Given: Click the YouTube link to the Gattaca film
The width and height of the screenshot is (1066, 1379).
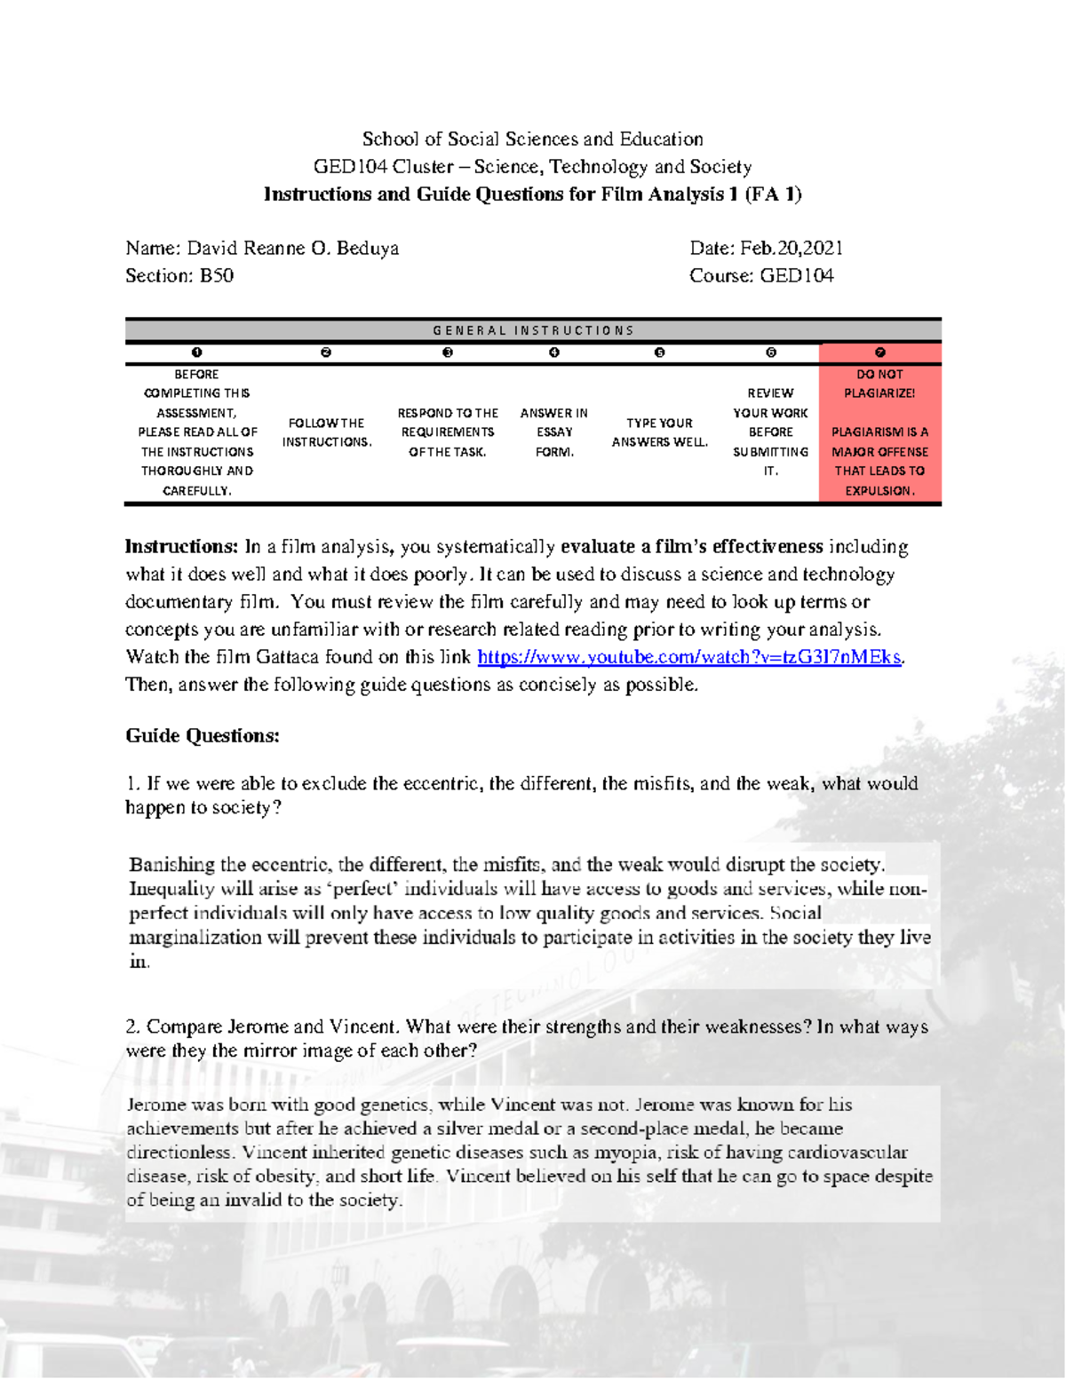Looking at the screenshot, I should (689, 658).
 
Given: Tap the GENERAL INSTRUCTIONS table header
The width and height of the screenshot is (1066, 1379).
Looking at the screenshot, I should (533, 330).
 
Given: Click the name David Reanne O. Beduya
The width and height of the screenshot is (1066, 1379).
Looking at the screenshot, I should (292, 249).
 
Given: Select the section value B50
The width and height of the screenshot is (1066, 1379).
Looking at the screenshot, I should (217, 276).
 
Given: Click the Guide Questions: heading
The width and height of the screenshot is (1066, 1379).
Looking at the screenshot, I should (203, 736).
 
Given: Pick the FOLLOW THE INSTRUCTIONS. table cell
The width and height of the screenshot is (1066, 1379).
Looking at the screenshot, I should (326, 432).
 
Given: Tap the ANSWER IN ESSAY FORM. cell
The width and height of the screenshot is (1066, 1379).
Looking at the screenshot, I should (553, 432).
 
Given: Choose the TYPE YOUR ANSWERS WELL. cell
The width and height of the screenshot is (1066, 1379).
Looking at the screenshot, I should (659, 432).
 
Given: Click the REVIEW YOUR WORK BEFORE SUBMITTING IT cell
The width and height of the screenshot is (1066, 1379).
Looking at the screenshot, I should (770, 432).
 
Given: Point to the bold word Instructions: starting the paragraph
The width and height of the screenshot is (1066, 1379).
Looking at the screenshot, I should (181, 547).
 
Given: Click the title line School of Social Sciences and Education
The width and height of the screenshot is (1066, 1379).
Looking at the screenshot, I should (532, 139).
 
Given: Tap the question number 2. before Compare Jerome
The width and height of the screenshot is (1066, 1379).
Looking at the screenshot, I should (133, 1027).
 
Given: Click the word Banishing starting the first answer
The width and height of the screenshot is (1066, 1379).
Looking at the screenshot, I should (171, 865).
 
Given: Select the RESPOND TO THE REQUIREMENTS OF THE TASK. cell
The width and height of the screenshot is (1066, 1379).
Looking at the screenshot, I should (448, 432).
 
